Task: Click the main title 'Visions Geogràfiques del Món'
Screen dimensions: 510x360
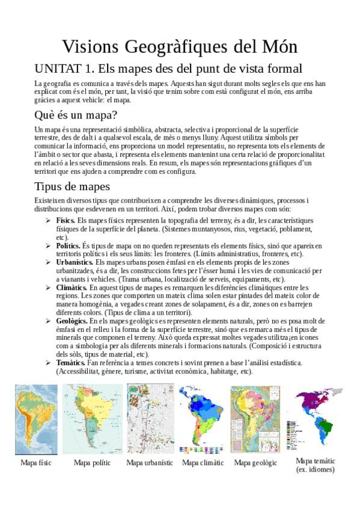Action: click(180, 47)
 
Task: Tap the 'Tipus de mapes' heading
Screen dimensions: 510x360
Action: click(72, 186)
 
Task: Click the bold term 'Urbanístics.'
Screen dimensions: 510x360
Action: click(75, 262)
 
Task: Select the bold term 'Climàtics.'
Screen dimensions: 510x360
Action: click(71, 287)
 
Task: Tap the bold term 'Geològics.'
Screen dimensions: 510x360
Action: click(72, 321)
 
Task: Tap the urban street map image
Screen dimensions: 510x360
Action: click(149, 420)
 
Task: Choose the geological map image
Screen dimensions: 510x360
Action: click(255, 420)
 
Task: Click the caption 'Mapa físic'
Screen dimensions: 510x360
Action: click(36, 462)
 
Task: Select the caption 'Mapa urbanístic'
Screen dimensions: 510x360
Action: click(150, 462)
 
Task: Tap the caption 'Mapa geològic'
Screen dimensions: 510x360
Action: click(255, 462)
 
